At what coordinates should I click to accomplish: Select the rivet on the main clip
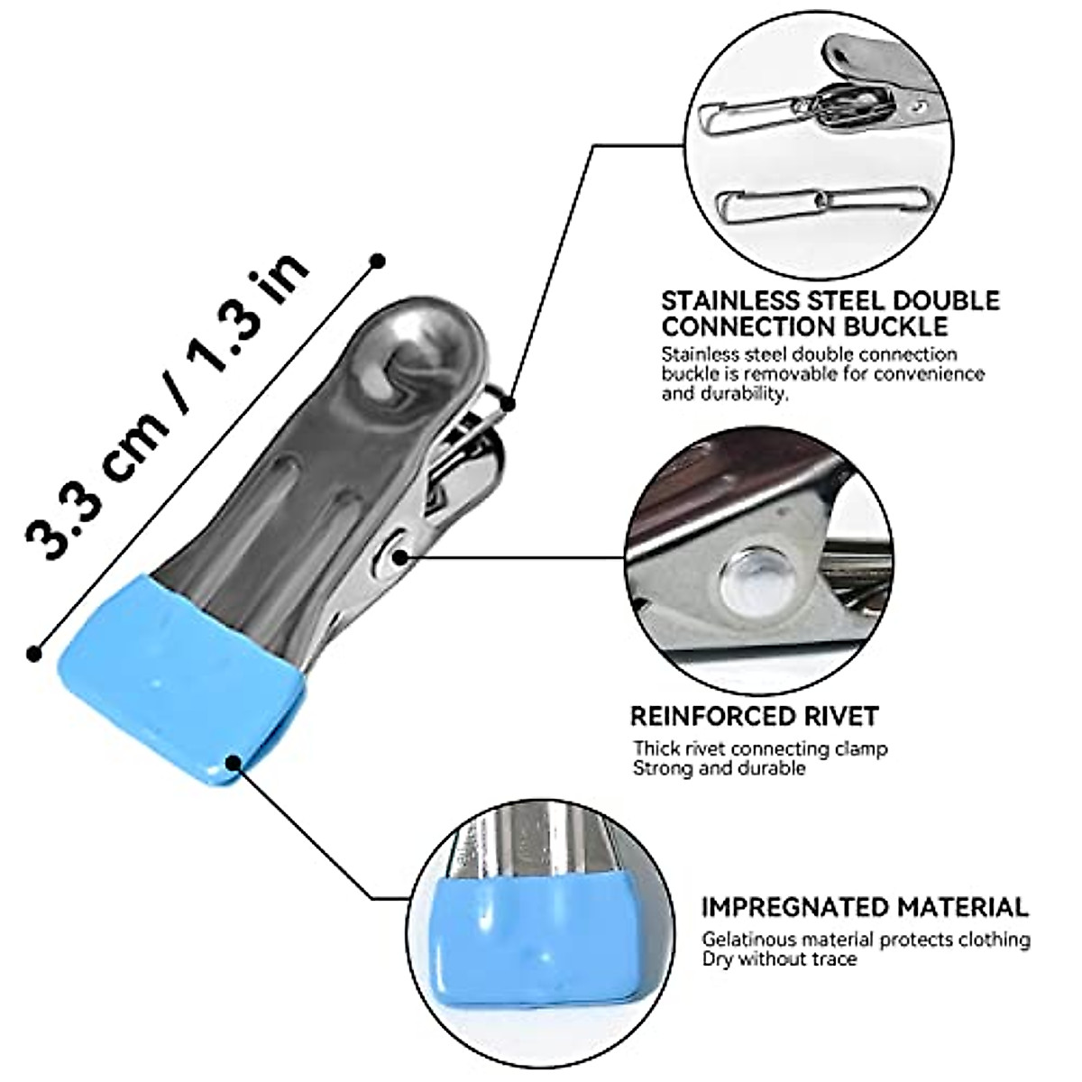pyautogui.click(x=398, y=557)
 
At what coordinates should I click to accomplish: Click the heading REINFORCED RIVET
pyautogui.click(x=753, y=717)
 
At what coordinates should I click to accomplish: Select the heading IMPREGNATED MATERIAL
pyautogui.click(x=865, y=906)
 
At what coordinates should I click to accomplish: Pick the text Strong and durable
pyautogui.click(x=719, y=769)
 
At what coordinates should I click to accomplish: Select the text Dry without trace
pyautogui.click(x=779, y=959)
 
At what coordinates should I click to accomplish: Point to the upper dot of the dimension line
pyautogui.click(x=378, y=261)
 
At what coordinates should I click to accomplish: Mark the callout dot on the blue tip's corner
pyautogui.click(x=235, y=764)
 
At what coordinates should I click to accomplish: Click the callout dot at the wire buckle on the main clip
pyautogui.click(x=509, y=402)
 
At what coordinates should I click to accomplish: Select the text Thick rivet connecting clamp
pyautogui.click(x=760, y=748)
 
